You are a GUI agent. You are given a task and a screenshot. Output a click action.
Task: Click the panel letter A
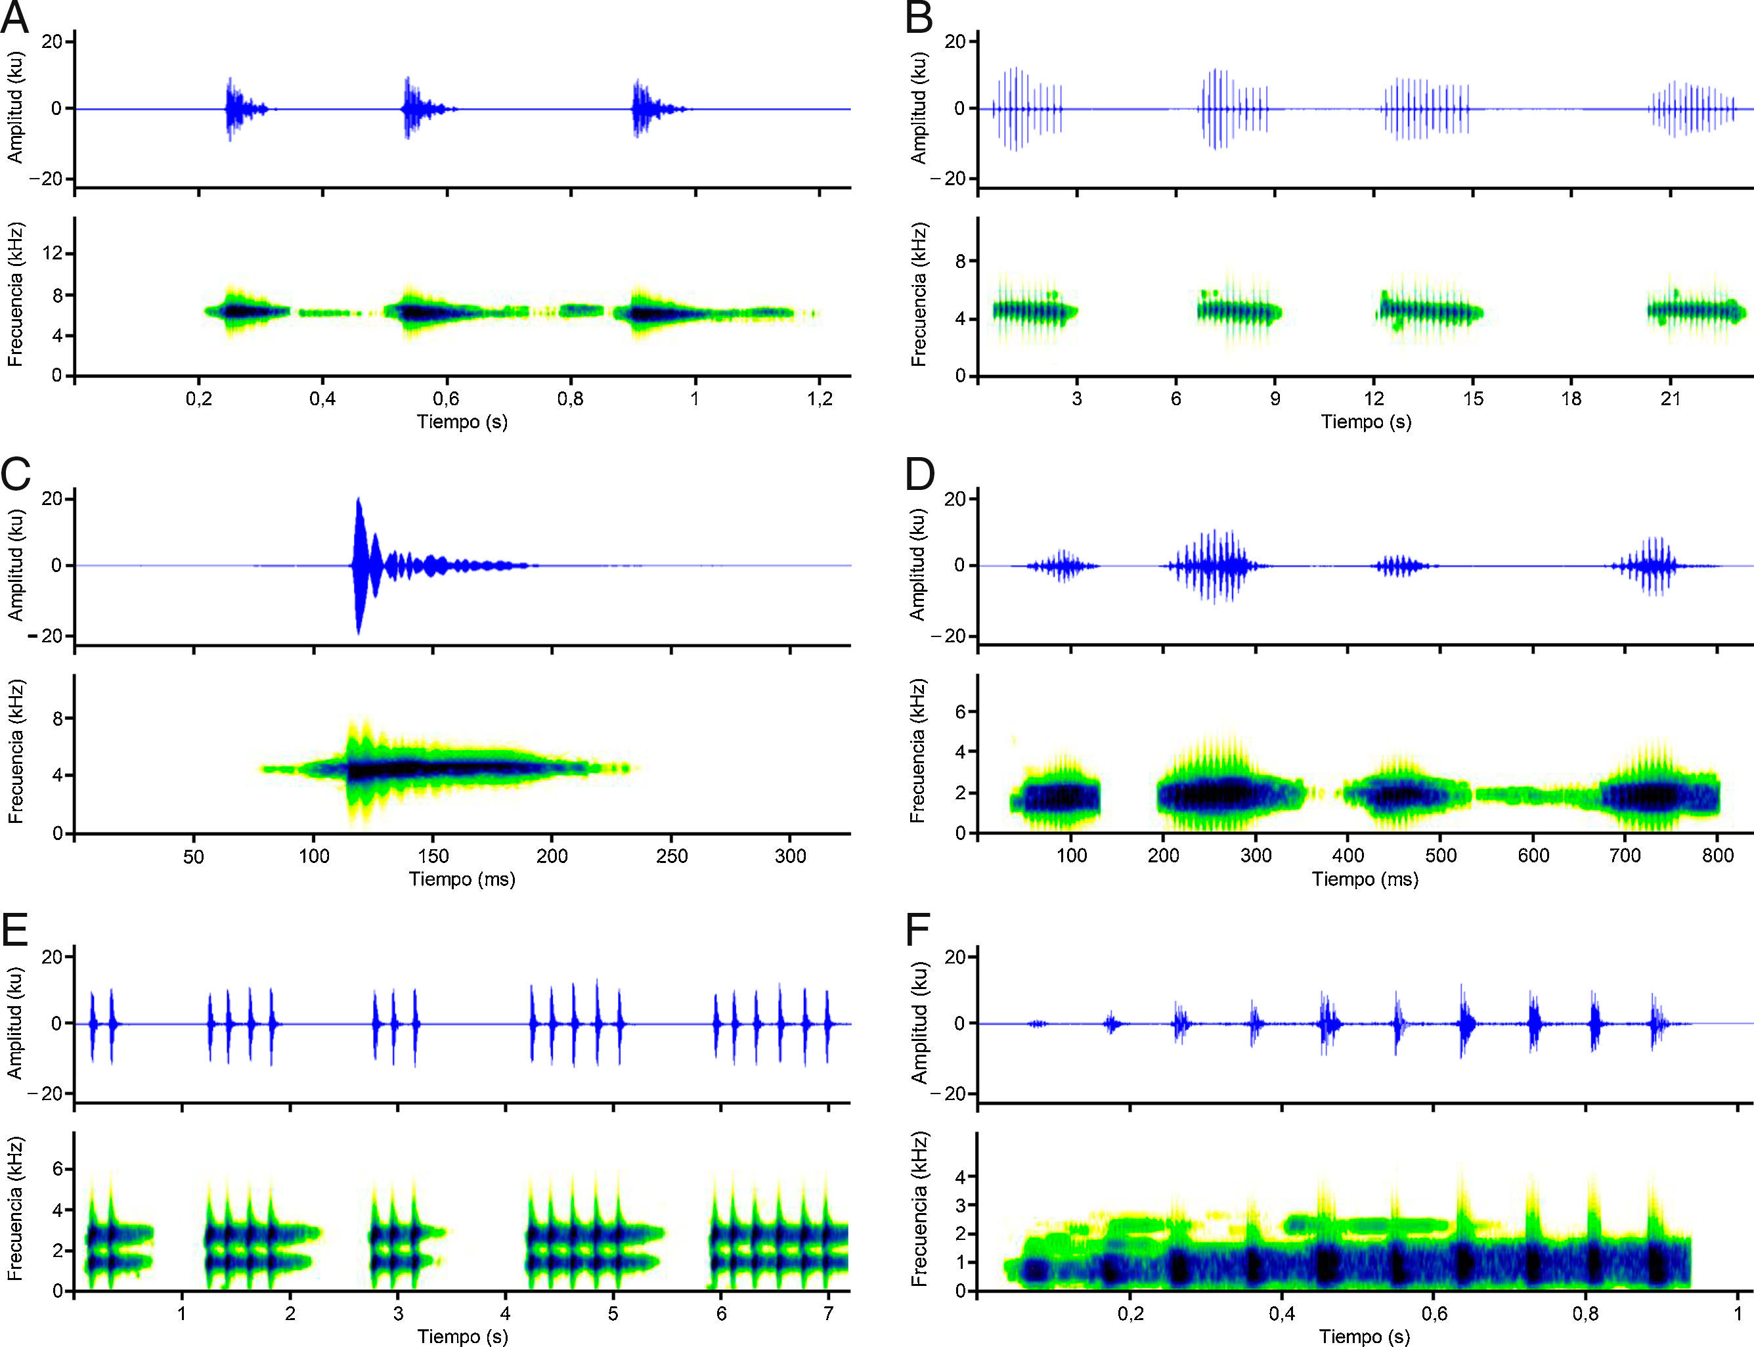point(14,18)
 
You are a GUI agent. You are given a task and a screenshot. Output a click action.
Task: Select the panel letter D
point(919,475)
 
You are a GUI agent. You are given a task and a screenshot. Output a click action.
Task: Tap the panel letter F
point(917,932)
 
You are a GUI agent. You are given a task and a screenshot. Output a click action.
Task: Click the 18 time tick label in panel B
point(1571,399)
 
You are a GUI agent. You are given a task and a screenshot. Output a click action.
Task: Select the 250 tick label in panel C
point(671,856)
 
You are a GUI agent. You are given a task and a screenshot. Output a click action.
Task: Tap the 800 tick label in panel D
point(1718,856)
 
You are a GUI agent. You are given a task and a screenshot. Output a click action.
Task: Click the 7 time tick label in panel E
point(829,1314)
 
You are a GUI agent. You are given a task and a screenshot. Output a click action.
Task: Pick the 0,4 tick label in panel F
point(1281,1314)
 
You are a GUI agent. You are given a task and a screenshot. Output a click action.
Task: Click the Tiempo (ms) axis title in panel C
point(462,879)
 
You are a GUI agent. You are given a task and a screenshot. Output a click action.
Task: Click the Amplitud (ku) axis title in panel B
point(919,108)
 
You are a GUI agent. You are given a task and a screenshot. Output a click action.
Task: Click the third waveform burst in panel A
point(646,108)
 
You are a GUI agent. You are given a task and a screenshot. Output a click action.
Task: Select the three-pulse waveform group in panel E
point(395,1024)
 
